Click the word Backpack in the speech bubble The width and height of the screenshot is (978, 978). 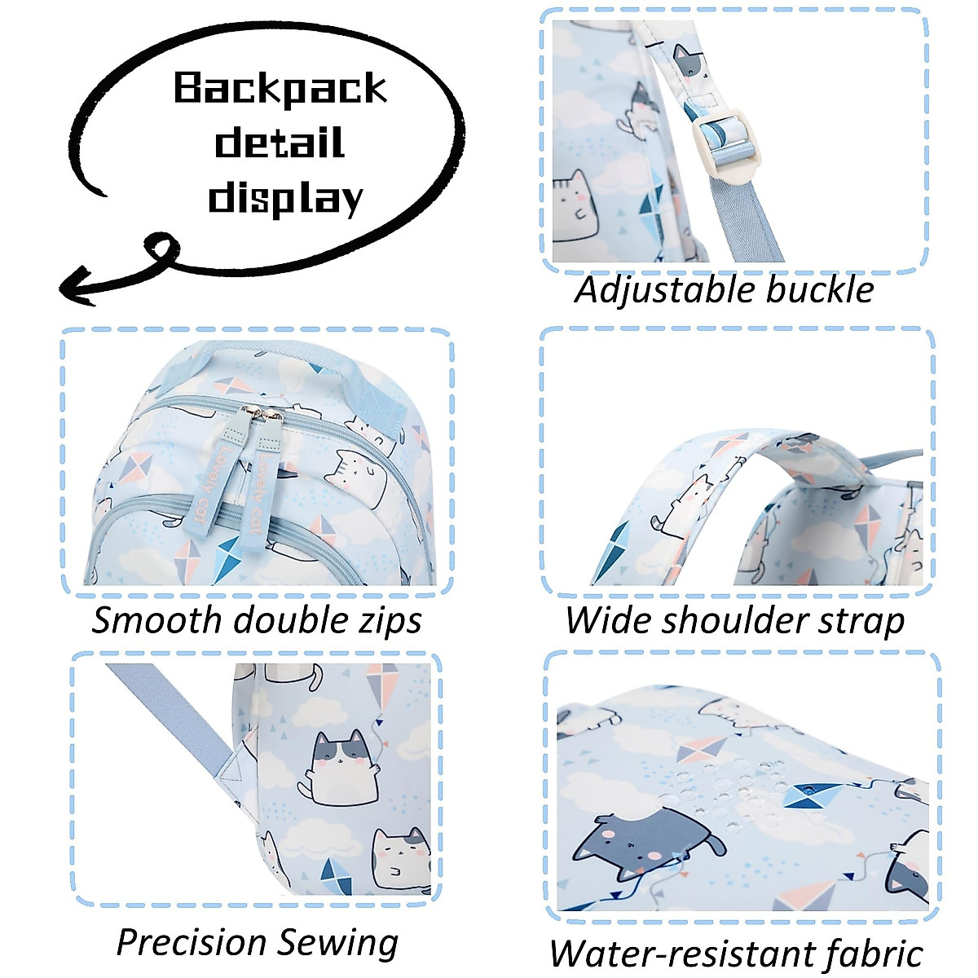pos(280,89)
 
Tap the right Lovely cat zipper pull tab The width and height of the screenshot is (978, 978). pos(266,474)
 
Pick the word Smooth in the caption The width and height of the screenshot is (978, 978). pos(158,619)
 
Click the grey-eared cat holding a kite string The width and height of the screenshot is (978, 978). pos(339,769)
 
